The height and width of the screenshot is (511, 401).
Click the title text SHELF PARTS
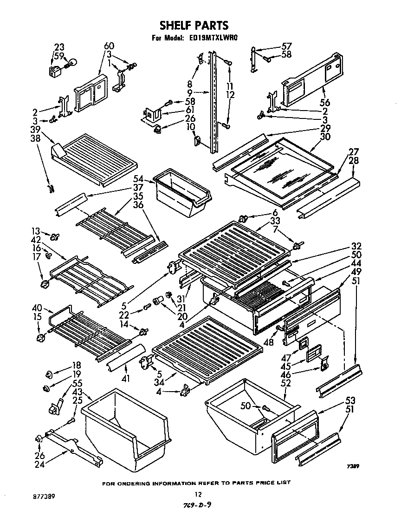click(x=194, y=25)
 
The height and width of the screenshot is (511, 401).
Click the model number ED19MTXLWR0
click(x=214, y=39)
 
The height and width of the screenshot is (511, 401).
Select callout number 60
click(x=109, y=46)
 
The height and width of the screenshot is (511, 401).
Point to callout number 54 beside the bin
click(x=138, y=179)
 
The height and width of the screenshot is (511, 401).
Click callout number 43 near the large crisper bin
click(x=77, y=392)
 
